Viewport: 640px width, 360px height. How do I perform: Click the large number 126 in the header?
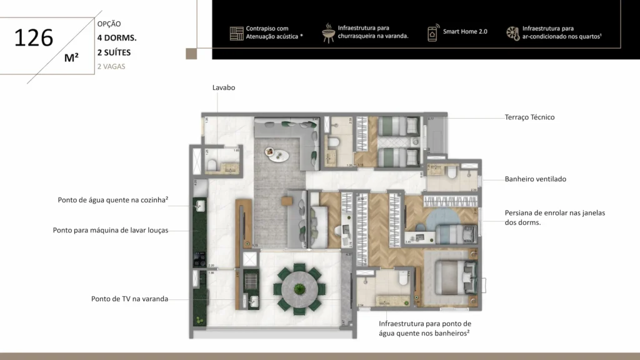[x=34, y=38]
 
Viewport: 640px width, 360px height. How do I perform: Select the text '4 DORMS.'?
[x=117, y=38]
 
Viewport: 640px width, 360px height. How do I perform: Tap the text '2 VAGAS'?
[x=111, y=66]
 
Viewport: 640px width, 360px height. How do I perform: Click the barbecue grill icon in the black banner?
[x=328, y=32]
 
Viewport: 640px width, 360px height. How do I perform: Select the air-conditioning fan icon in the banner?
[x=512, y=32]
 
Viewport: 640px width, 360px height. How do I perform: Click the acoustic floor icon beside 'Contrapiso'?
[x=236, y=33]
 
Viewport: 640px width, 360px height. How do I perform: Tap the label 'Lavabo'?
[x=224, y=88]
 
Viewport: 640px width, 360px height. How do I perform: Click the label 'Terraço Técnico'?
[x=529, y=117]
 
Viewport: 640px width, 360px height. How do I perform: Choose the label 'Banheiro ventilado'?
[x=535, y=179]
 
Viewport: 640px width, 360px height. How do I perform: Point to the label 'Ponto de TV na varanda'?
[x=129, y=299]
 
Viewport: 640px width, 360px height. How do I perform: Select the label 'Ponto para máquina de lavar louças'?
[x=111, y=230]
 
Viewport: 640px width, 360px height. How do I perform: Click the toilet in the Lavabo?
[x=212, y=164]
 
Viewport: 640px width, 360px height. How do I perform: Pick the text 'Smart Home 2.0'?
[x=465, y=31]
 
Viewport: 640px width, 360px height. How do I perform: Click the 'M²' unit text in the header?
[x=71, y=58]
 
